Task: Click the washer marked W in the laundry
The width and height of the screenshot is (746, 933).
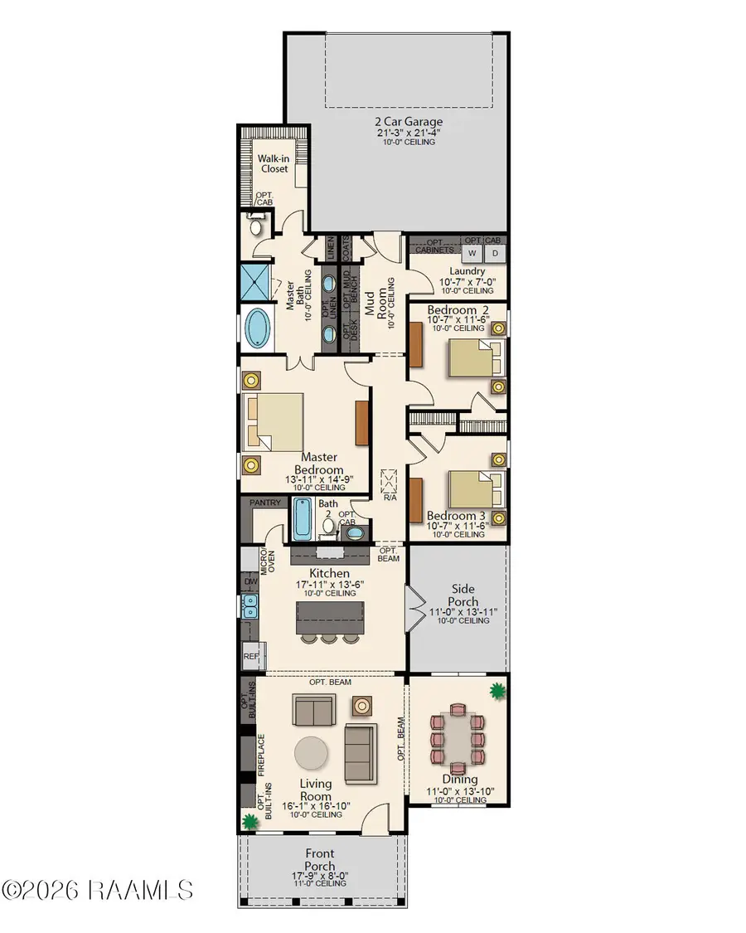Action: (x=472, y=254)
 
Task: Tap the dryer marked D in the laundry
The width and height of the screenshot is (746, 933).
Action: (x=495, y=254)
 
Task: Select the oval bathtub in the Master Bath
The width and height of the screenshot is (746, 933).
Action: (x=258, y=328)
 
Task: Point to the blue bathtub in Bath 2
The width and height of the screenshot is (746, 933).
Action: (x=302, y=519)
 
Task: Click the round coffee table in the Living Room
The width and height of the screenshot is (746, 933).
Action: (x=311, y=754)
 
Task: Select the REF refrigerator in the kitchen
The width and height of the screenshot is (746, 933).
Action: (x=252, y=656)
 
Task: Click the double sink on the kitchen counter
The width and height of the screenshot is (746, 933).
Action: (x=249, y=605)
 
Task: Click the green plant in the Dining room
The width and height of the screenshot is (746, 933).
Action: (x=497, y=692)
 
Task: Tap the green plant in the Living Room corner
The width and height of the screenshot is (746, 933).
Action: (x=251, y=822)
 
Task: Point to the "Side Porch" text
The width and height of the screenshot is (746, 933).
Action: (x=463, y=595)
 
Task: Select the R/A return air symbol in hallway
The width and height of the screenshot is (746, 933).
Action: (x=389, y=481)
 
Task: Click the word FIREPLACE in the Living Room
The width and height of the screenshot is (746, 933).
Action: (x=261, y=755)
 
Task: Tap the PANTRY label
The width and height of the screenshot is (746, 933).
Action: (x=265, y=503)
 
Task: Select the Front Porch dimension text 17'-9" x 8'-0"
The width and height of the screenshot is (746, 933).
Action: (x=319, y=876)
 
